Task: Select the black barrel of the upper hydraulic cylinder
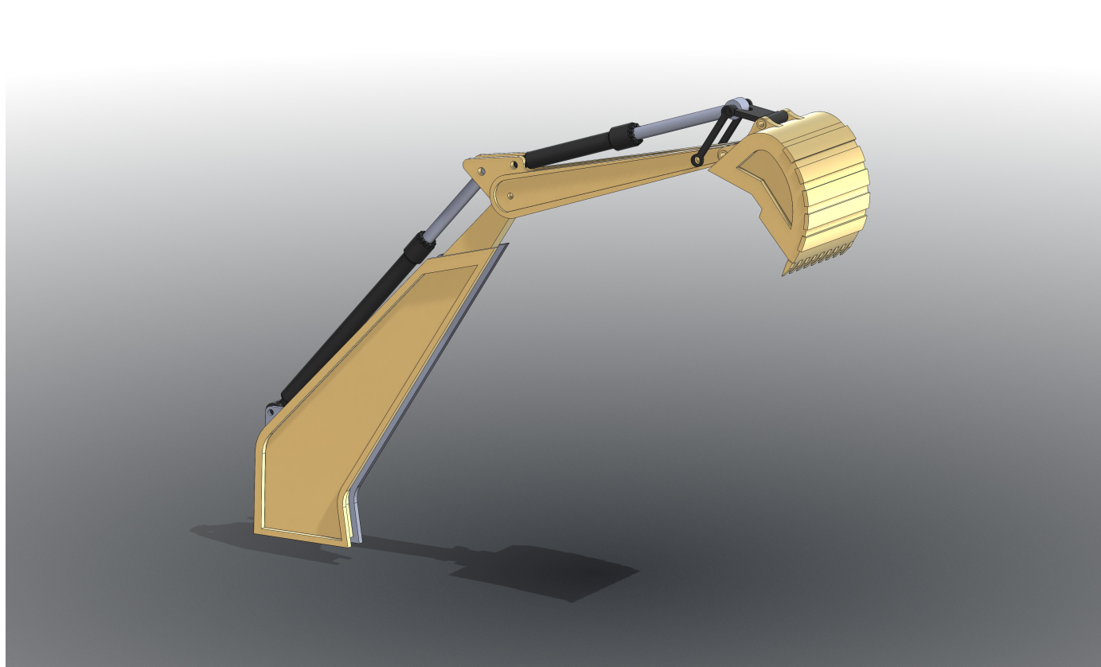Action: [x=569, y=149]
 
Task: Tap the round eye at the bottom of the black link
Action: [x=697, y=161]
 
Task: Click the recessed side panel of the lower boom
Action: [x=358, y=382]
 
